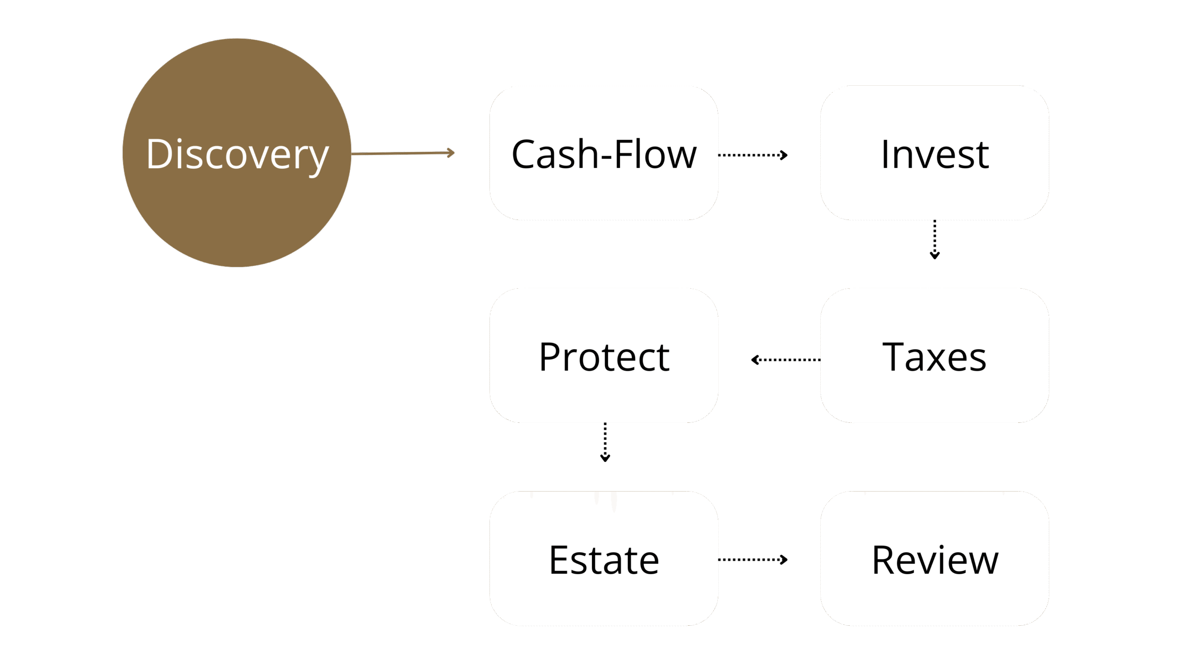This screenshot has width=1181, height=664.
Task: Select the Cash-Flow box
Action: [604, 194]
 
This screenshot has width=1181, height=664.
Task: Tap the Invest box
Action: [935, 194]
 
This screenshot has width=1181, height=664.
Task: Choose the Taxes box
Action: [935, 397]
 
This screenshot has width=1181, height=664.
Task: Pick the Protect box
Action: [604, 397]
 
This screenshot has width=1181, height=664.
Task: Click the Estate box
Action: [604, 599]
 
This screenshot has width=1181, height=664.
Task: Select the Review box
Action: [935, 599]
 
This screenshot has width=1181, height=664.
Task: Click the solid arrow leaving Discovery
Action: [401, 153]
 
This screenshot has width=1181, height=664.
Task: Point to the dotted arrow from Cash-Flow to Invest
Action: [752, 155]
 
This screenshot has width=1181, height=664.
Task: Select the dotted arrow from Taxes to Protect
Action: [787, 360]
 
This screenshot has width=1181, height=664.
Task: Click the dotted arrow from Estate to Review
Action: [752, 560]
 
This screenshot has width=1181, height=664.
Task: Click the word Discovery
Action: [237, 154]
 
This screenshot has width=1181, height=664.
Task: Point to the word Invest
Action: [935, 154]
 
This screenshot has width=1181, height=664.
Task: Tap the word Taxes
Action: [934, 357]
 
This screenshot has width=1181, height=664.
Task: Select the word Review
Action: [935, 560]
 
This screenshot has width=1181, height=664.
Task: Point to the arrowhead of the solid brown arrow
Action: [451, 153]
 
